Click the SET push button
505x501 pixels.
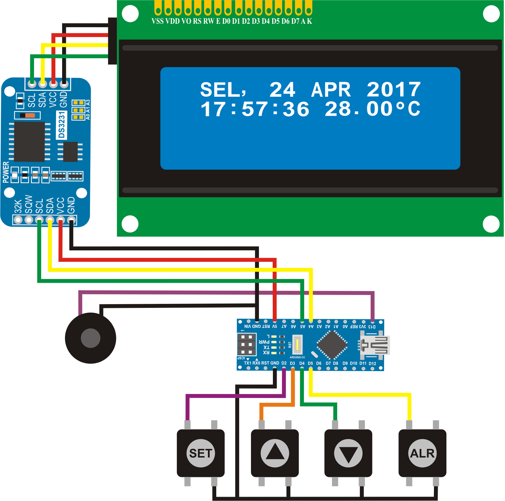(x=201, y=453)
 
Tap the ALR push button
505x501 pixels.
(x=422, y=453)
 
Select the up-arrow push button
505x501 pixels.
(x=275, y=453)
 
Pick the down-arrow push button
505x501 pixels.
(x=348, y=453)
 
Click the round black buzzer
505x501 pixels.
(x=91, y=338)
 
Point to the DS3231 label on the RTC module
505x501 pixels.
(x=62, y=125)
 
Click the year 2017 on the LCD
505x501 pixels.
(x=394, y=90)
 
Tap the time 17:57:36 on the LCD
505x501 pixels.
(x=255, y=109)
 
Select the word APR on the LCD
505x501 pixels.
(x=331, y=90)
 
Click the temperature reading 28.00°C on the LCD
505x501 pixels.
(x=372, y=109)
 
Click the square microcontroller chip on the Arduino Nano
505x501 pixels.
(x=332, y=345)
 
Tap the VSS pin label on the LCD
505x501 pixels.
(x=157, y=21)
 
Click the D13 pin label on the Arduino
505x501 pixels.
(x=372, y=327)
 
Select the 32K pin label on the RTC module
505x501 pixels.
(x=18, y=207)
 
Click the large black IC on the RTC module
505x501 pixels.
(x=29, y=142)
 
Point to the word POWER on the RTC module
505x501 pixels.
(x=6, y=172)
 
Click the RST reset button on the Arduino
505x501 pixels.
(x=297, y=345)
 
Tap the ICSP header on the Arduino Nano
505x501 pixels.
(x=247, y=345)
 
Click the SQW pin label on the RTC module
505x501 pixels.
(x=29, y=204)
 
